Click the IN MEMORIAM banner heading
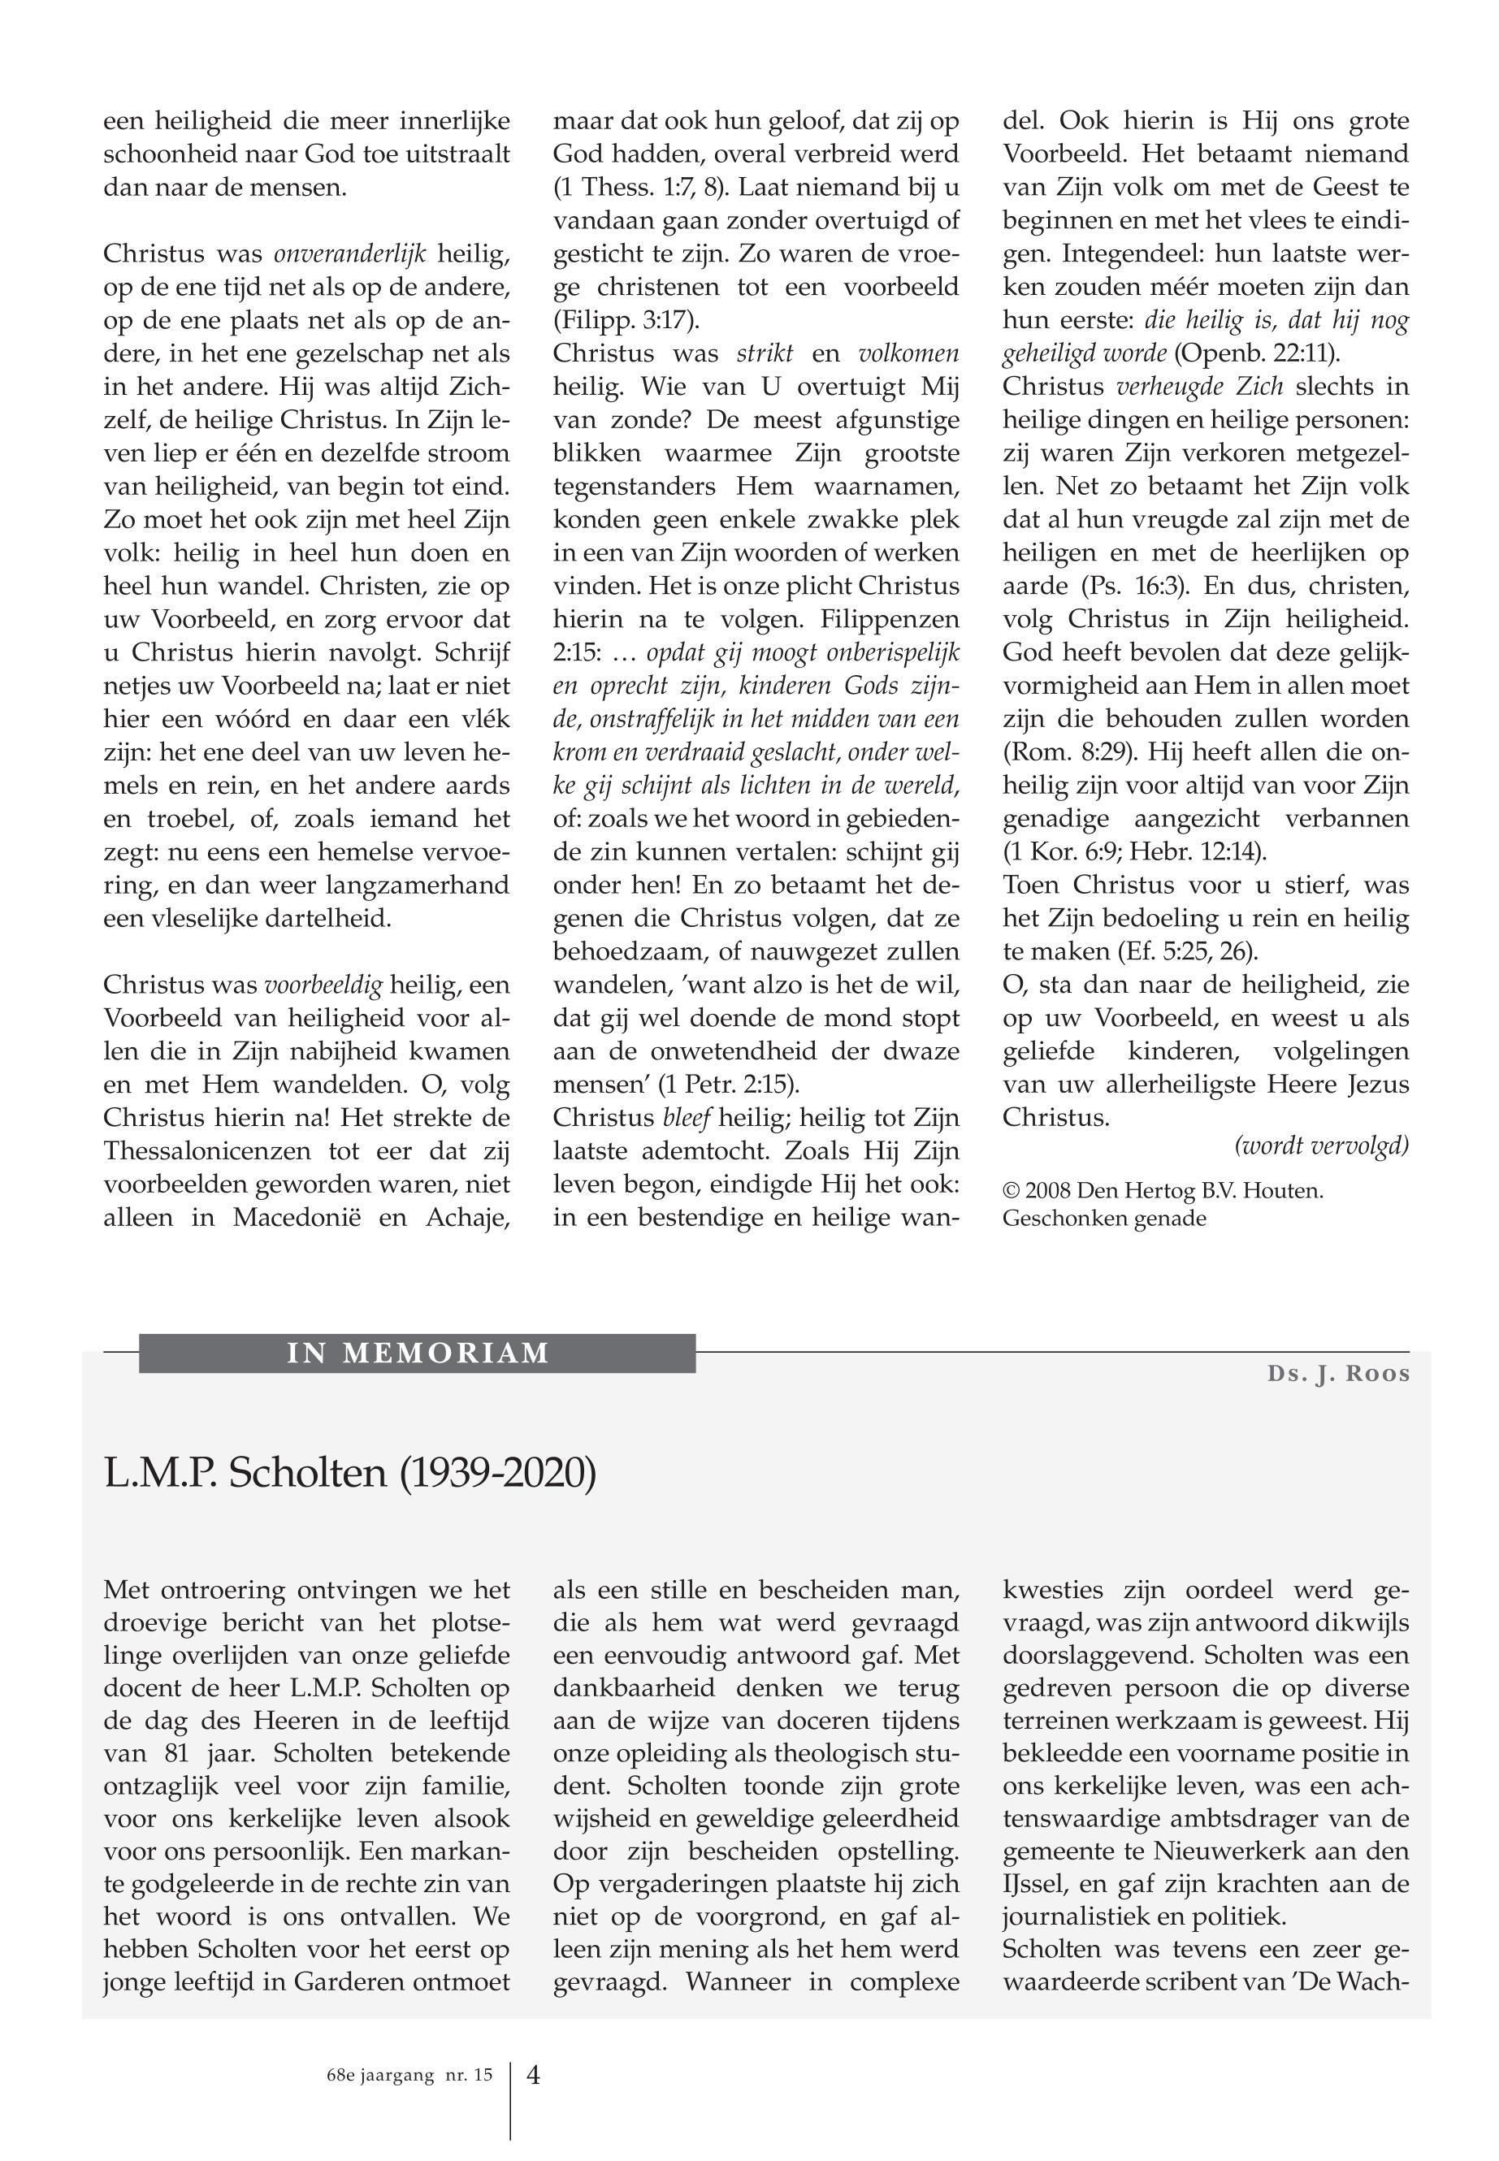click(417, 1353)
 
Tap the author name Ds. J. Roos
click(1338, 1374)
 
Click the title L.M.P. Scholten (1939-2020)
click(349, 1474)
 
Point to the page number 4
click(534, 2075)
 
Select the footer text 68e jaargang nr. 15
click(403, 2076)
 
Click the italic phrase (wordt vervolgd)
click(1322, 1145)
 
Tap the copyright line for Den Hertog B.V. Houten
click(1163, 1191)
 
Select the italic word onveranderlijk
click(349, 253)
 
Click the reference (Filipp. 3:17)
click(626, 320)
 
